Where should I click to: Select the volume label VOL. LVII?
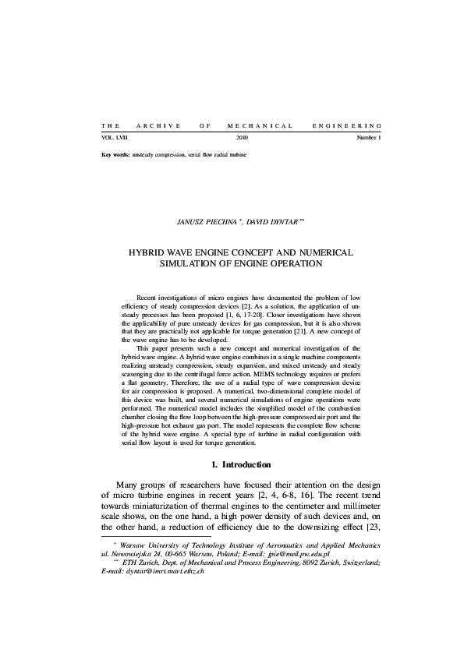(x=115, y=137)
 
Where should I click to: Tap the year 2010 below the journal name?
(x=242, y=137)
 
